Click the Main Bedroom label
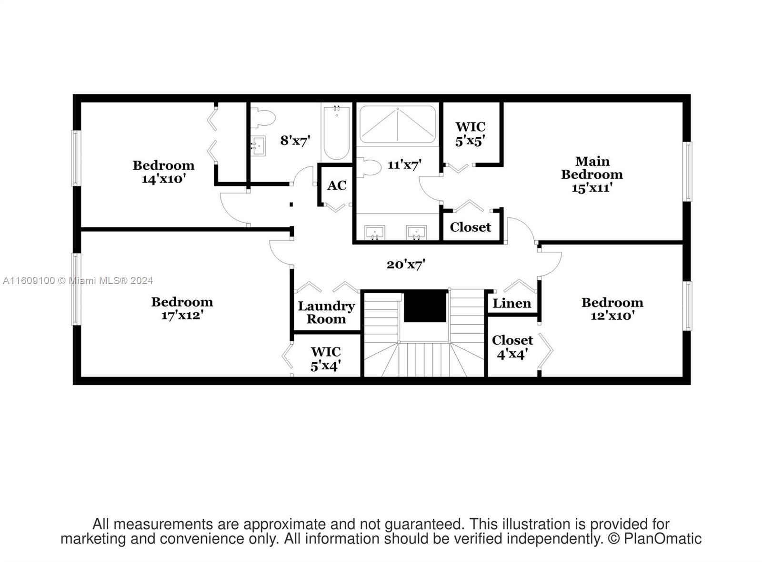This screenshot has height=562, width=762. (592, 168)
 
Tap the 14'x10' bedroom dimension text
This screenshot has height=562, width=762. (164, 179)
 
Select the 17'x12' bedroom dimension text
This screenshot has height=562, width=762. (182, 315)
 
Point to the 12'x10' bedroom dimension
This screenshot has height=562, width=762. (612, 316)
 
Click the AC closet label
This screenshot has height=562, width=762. (337, 185)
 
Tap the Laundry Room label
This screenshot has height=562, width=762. (326, 313)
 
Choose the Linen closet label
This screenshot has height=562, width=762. (511, 303)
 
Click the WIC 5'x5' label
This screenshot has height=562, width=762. (470, 134)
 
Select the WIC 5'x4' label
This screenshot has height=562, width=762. (326, 359)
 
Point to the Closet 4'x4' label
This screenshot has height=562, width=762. (512, 347)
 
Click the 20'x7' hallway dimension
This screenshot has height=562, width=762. (406, 265)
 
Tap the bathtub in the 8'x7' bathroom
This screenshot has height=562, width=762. (336, 133)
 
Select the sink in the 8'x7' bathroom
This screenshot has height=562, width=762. (258, 146)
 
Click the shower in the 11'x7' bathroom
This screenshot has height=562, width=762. (397, 124)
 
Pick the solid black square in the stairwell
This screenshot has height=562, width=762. (425, 307)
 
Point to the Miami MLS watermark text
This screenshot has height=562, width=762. (78, 280)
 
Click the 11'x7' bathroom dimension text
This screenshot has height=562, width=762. (404, 165)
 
